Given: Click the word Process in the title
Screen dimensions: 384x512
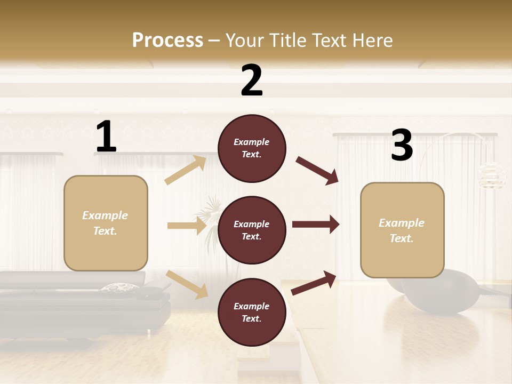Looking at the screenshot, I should (167, 40).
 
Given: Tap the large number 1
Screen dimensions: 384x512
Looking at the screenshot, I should (106, 137).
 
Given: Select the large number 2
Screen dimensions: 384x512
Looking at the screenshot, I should (252, 81).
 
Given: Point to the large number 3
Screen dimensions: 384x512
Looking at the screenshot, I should (402, 146).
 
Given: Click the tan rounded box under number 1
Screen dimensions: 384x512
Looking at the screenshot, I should (106, 223).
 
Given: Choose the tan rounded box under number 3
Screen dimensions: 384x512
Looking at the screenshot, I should (402, 230).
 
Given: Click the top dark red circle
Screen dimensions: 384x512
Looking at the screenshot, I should (252, 148).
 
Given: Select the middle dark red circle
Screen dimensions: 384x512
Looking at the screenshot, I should (252, 230).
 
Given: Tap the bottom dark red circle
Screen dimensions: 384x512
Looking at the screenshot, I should (252, 312).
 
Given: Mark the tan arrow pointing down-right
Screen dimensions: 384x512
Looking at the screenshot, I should (187, 284).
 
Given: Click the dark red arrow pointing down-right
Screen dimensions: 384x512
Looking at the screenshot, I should (317, 171).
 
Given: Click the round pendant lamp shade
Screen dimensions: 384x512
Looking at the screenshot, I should (491, 175).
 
